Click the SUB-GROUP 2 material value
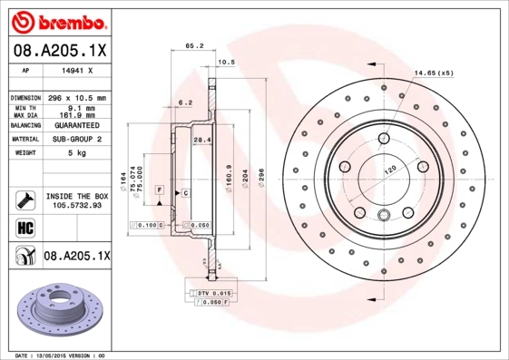click(75, 140)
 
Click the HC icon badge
click(24, 228)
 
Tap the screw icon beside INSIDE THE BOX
click(24, 199)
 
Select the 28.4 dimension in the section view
click(202, 140)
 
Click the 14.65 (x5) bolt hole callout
click(434, 73)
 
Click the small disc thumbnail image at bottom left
click(56, 308)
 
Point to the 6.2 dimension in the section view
click(185, 102)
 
